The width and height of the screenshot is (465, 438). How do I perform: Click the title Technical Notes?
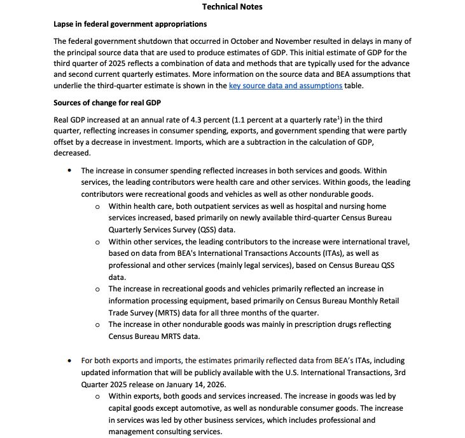232,7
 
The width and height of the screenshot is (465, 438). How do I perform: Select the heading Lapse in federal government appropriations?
130,24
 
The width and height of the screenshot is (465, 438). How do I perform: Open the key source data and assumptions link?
286,86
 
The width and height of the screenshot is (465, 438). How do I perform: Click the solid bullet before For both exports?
69,361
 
